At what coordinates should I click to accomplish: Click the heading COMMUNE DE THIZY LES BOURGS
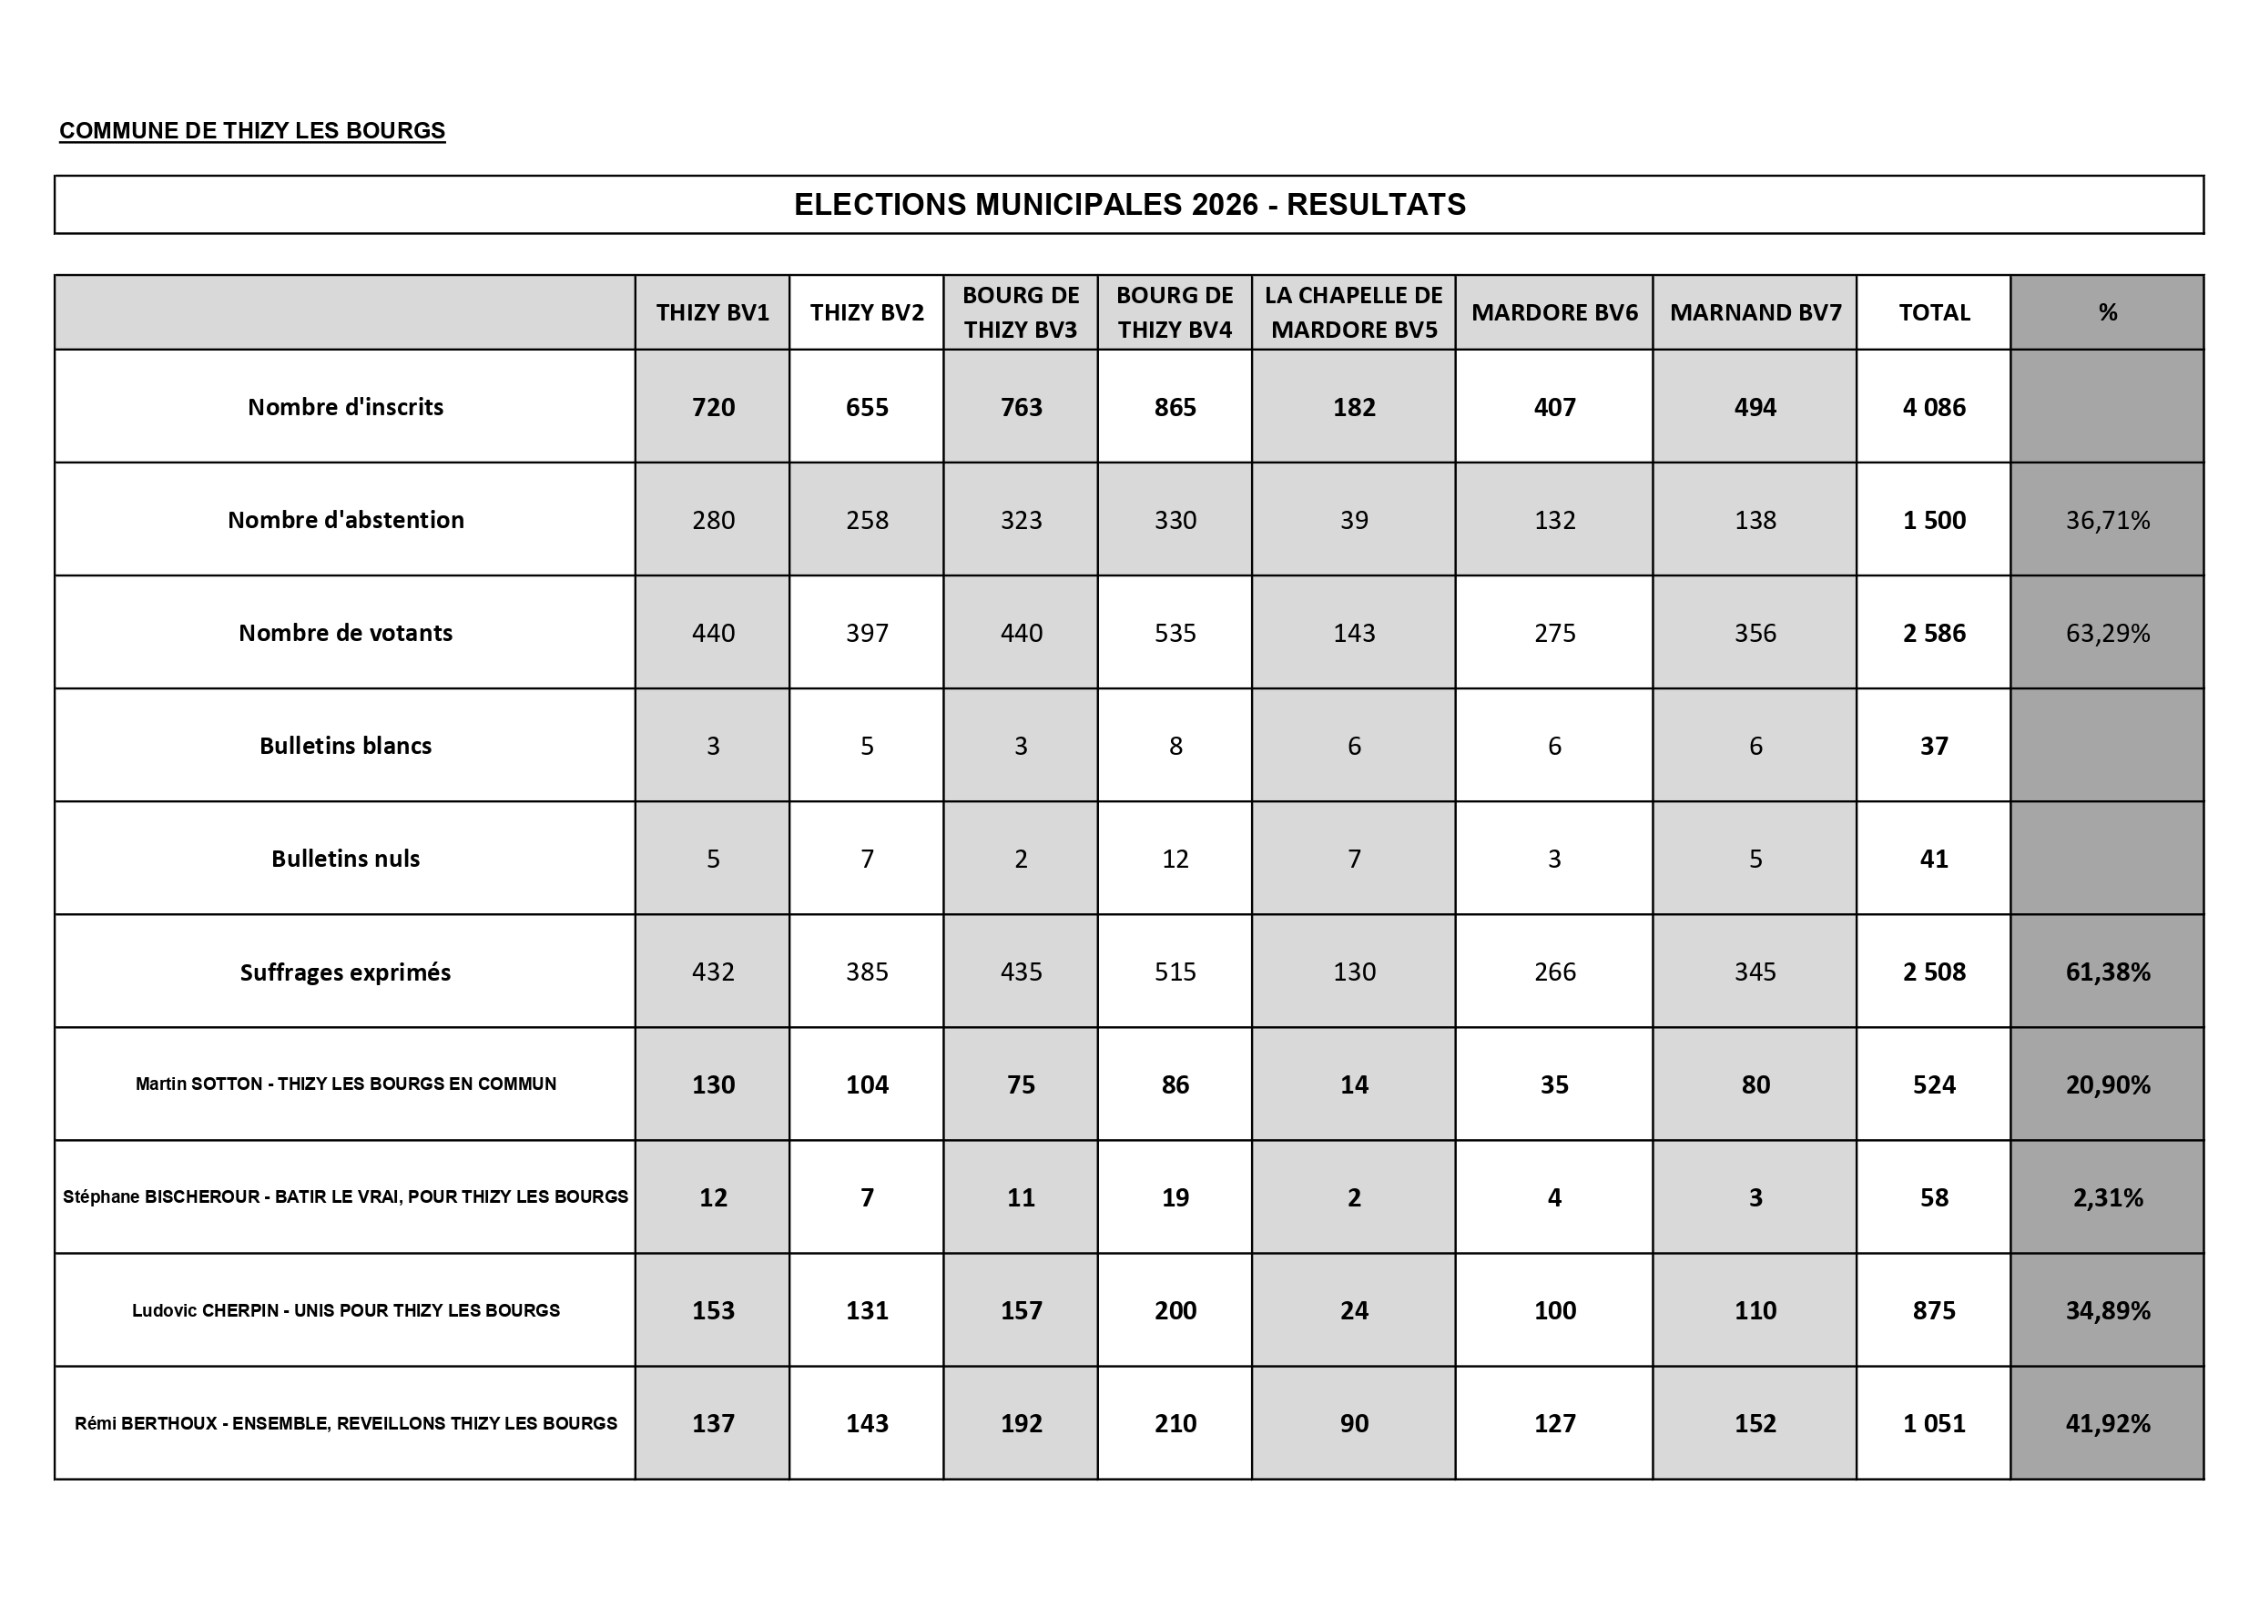(x=252, y=131)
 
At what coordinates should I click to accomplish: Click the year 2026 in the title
(x=1224, y=205)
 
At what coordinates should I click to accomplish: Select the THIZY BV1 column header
(x=712, y=313)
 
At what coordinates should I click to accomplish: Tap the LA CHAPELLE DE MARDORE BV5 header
(x=1354, y=313)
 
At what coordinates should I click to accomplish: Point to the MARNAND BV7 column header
(x=1755, y=313)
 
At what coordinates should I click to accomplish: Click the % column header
(x=2108, y=313)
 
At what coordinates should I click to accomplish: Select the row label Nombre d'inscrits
(x=345, y=407)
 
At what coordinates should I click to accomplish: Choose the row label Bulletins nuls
(x=345, y=859)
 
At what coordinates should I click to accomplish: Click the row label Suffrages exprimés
(x=345, y=972)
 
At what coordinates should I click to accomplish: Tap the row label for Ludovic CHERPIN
(x=345, y=1310)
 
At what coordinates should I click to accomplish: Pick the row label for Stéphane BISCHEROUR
(x=345, y=1197)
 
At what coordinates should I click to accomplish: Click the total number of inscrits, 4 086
(x=1933, y=407)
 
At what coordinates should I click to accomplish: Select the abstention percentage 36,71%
(x=2108, y=521)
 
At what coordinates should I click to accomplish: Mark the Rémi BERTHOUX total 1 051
(x=1933, y=1424)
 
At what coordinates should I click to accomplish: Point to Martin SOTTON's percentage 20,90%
(x=2108, y=1084)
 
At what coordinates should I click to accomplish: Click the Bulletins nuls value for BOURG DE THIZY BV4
(x=1175, y=859)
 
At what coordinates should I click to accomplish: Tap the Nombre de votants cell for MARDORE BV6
(x=1554, y=633)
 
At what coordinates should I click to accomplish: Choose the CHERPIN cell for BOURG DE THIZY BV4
(x=1175, y=1310)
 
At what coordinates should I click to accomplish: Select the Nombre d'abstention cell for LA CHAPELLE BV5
(x=1354, y=521)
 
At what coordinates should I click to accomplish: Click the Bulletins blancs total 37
(x=1933, y=746)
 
